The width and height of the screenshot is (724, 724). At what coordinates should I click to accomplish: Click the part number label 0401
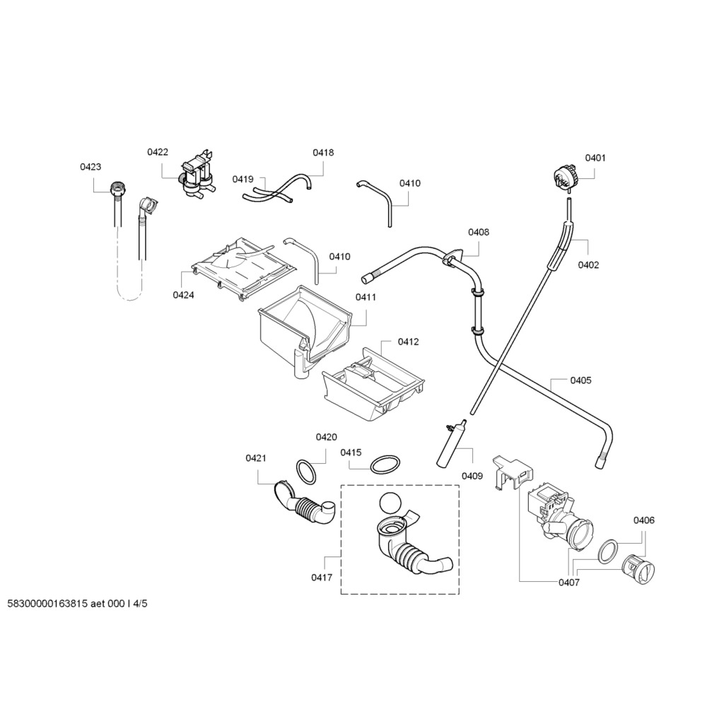click(595, 158)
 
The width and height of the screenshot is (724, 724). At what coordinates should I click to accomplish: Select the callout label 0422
click(158, 152)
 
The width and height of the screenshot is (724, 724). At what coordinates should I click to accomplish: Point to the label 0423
click(90, 167)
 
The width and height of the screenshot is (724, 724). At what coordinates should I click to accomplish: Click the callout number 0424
click(183, 295)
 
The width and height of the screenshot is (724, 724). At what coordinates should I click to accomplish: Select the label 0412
click(408, 341)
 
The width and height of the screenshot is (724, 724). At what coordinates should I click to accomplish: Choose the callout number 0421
click(256, 458)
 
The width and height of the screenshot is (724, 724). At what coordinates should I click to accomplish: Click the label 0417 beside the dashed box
click(322, 578)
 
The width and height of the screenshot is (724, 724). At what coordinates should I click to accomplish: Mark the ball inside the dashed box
click(390, 503)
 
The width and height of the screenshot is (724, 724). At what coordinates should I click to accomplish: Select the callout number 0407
click(569, 583)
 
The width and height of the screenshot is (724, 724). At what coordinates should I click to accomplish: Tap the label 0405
click(580, 380)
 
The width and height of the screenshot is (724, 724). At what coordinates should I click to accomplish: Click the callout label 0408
click(479, 232)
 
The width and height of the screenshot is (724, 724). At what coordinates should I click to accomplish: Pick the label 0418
click(323, 152)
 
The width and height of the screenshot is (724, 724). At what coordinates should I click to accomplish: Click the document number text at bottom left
click(78, 604)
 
